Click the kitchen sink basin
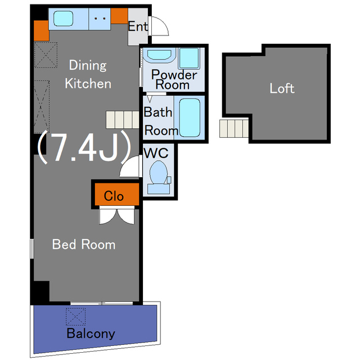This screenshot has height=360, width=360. [63, 19]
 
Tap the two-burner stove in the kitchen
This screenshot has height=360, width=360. [100, 19]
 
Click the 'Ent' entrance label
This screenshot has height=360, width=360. [138, 26]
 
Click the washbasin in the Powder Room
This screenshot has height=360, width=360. [159, 56]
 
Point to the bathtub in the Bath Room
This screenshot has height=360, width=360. [190, 118]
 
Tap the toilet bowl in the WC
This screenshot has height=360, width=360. [158, 172]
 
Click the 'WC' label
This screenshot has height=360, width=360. [156, 153]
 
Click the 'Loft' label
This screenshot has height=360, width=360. [282, 88]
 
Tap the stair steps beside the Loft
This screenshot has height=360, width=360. [234, 128]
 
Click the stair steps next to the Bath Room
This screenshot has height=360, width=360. [123, 120]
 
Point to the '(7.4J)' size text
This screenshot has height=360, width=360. [84, 147]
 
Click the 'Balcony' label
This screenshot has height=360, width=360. [91, 334]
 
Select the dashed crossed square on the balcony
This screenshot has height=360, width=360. [75, 317]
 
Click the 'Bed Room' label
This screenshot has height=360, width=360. [84, 244]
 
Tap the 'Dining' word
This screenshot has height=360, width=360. [88, 65]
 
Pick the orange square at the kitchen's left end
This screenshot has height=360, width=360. [41, 31]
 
